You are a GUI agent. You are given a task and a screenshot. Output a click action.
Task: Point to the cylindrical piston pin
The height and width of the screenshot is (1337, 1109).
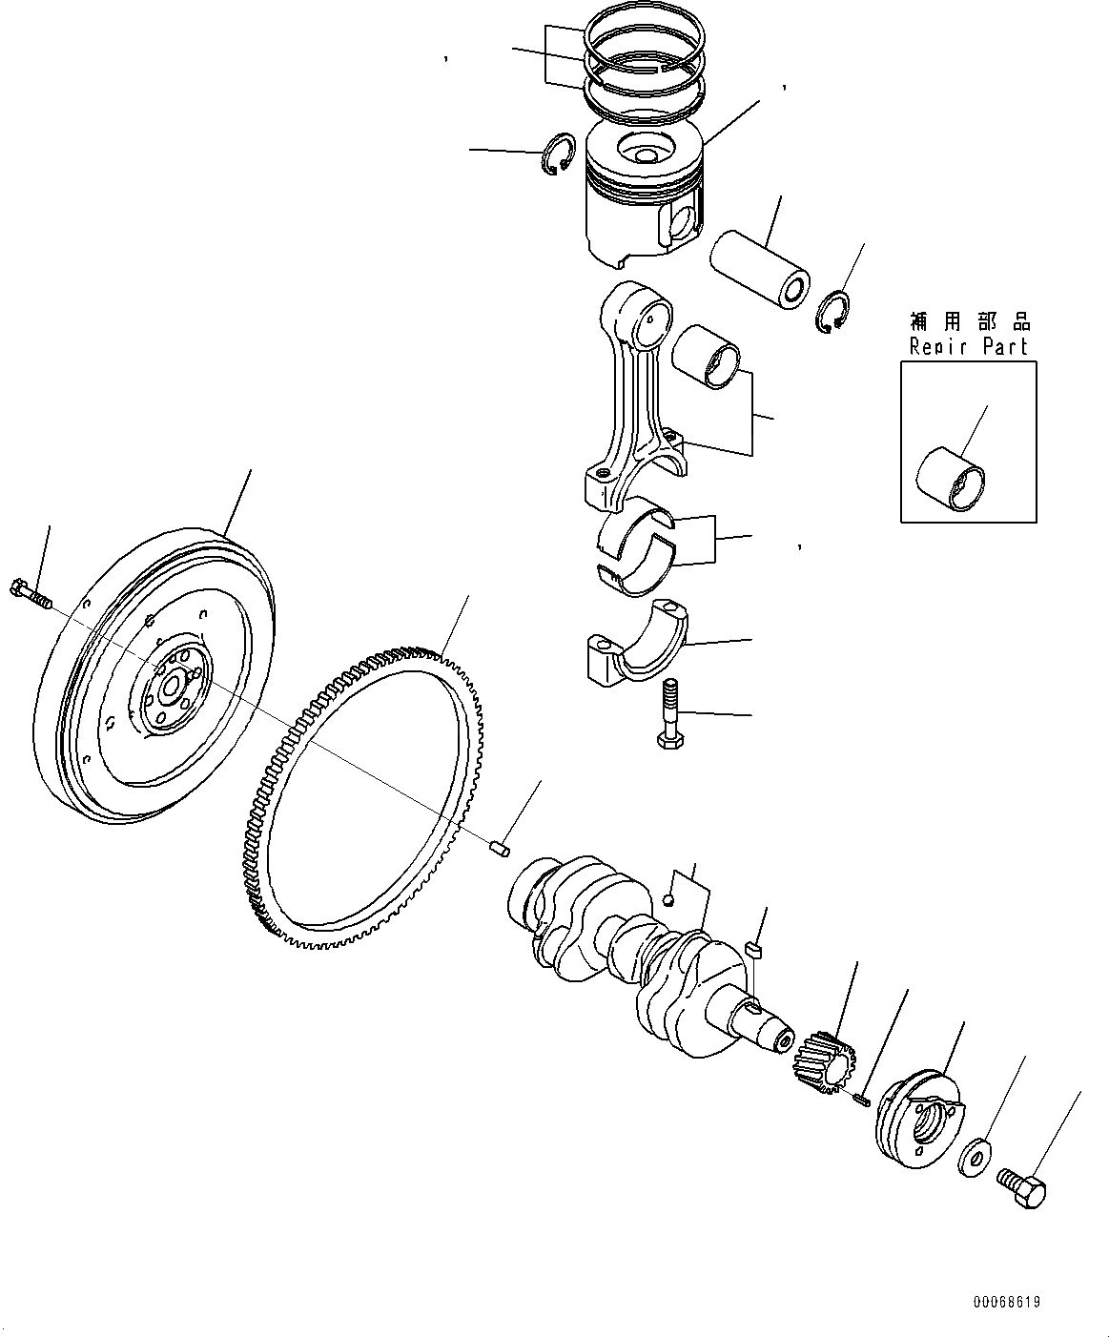[x=760, y=269]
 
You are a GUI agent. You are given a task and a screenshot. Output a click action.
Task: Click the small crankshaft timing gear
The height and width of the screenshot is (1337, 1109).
[x=822, y=1061]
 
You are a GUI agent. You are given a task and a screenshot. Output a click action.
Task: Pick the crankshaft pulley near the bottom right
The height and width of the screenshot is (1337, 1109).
[x=919, y=1121]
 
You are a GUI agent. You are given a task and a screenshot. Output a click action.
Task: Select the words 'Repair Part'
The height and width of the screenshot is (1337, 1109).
[x=968, y=346]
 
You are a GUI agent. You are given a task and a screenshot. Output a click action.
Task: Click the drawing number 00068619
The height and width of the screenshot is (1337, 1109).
[x=1006, y=1301]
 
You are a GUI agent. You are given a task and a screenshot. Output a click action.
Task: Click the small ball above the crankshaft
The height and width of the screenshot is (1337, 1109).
[x=670, y=898]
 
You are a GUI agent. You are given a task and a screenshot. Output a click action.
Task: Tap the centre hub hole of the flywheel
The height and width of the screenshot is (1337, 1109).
[x=173, y=686]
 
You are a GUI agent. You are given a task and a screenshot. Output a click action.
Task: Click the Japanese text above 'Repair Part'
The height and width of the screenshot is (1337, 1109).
[x=969, y=322]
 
